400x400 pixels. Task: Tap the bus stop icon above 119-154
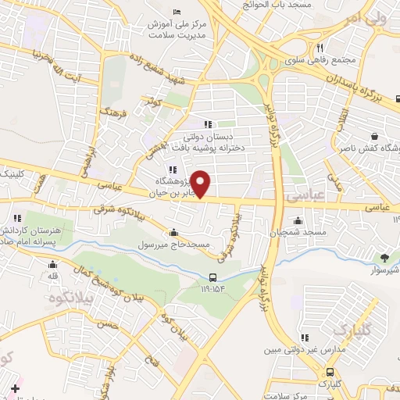[x=214, y=277]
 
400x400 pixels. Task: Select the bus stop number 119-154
[x=214, y=290]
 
